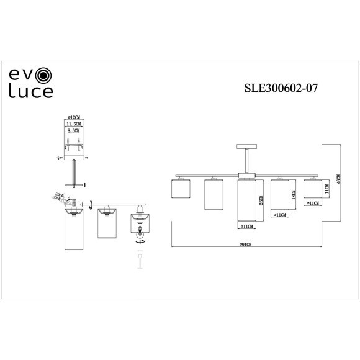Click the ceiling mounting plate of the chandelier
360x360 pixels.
pos(247,146)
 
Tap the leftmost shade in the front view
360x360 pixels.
pos(179,189)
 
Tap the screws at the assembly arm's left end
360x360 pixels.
pos(60,198)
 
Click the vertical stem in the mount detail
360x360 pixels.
pos(74,171)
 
